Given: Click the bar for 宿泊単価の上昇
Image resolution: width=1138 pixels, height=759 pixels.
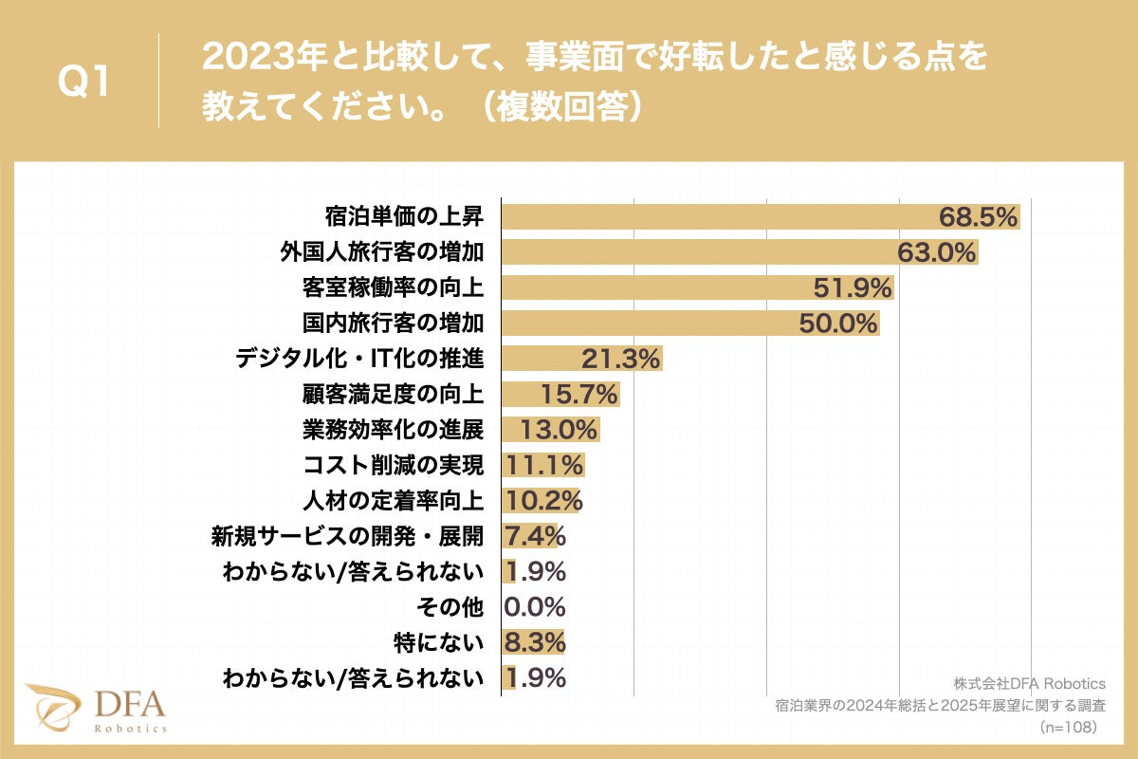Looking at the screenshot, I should tap(721, 216).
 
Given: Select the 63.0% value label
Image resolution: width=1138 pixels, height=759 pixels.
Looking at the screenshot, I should tap(937, 252).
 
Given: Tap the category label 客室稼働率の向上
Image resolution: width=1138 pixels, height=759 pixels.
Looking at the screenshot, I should tap(393, 287).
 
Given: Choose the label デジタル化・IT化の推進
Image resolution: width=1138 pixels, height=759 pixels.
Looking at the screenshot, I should tap(359, 359).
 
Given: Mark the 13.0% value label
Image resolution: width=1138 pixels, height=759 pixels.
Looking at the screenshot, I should tap(559, 430).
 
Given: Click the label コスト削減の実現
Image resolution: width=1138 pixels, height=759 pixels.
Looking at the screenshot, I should tap(393, 465).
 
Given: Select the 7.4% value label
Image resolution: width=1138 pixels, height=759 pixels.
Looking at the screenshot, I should tap(536, 536).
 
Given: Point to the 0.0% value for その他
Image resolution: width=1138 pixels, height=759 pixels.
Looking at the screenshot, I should tap(536, 607).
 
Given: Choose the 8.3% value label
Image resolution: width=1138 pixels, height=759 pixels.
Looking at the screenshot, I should tap(536, 642).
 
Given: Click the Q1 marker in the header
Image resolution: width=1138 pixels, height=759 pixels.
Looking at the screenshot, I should tap(84, 83).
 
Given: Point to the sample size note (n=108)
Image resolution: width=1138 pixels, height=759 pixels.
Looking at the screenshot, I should tap(1069, 727).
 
